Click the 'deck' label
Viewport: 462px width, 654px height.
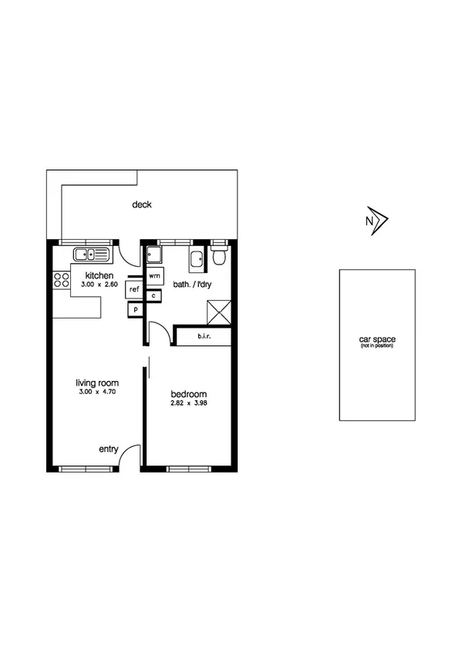point(141,204)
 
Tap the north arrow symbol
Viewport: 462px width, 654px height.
point(377,221)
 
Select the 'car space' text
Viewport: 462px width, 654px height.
point(376,339)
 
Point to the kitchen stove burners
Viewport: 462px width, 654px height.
point(61,281)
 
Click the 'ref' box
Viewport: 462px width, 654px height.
point(134,289)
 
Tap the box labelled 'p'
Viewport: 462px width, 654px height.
point(135,308)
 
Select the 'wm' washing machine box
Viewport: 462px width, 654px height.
point(155,275)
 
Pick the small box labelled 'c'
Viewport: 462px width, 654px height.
point(154,295)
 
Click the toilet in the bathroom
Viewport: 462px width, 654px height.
point(218,256)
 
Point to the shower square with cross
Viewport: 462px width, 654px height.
point(218,312)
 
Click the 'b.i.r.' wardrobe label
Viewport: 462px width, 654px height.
point(204,336)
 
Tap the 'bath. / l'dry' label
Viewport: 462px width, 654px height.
point(193,285)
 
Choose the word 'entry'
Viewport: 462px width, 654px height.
point(108,449)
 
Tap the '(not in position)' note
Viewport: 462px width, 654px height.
point(376,346)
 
